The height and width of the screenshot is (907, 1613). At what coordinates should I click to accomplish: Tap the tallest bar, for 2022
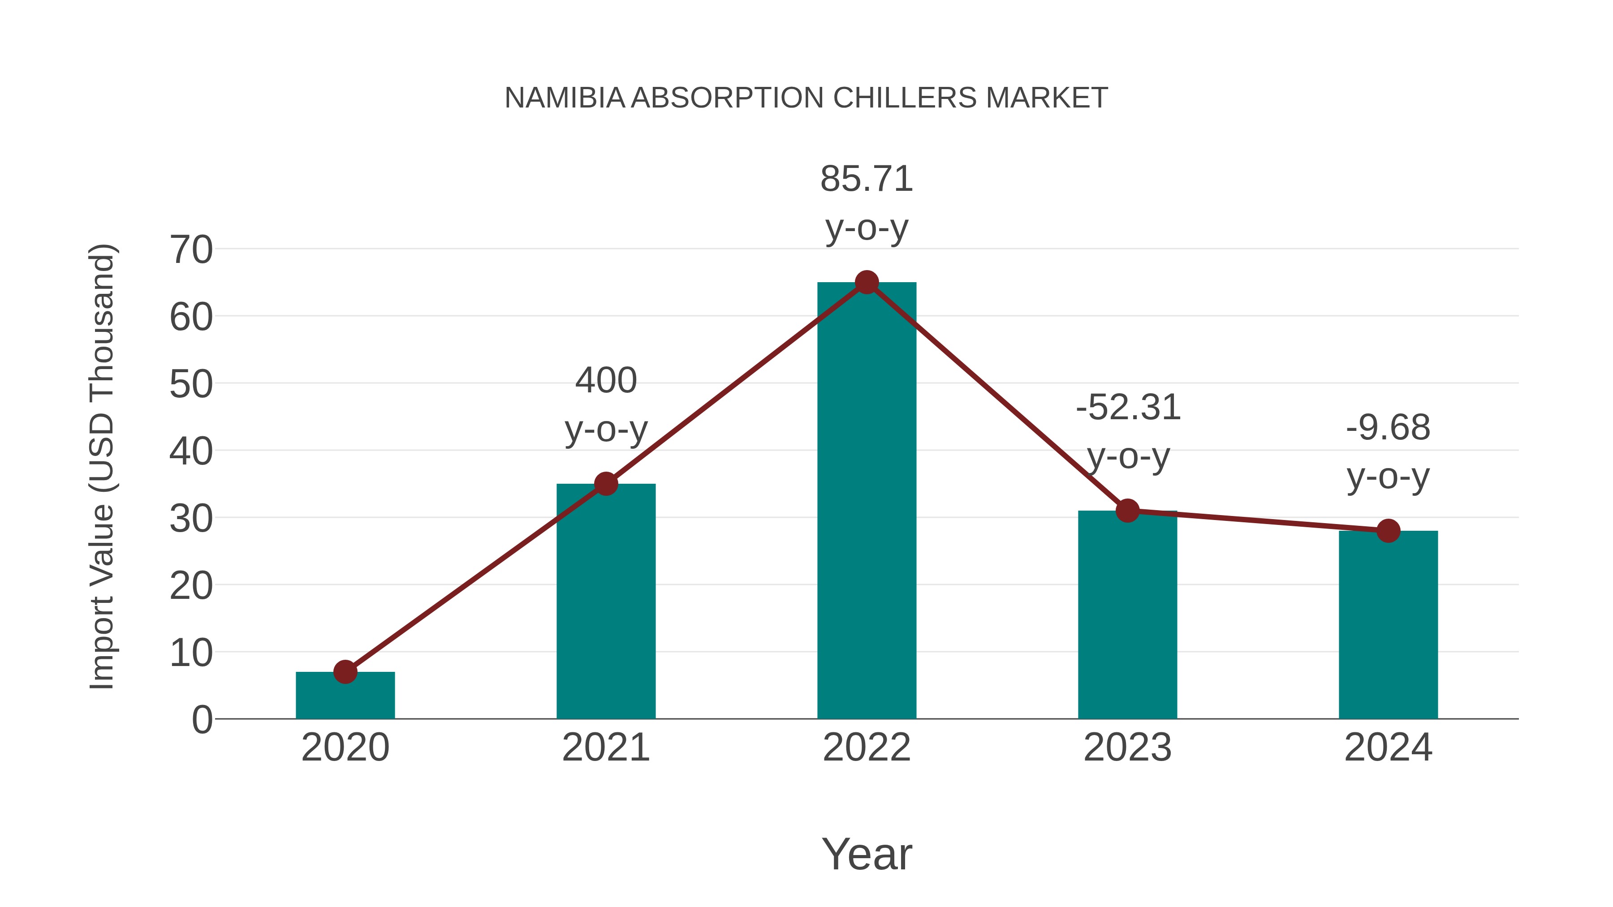[867, 501]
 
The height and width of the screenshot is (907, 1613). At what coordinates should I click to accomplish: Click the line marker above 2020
[345, 672]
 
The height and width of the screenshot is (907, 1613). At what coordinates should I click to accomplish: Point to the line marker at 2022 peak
[867, 282]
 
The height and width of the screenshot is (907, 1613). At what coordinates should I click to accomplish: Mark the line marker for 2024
[1388, 531]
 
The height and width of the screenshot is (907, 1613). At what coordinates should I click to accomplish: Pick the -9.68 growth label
[1388, 451]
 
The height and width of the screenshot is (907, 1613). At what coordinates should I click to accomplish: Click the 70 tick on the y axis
[191, 250]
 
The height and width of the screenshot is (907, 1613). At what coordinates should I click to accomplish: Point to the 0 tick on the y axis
[202, 719]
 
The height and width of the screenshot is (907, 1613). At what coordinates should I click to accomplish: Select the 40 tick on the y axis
[191, 451]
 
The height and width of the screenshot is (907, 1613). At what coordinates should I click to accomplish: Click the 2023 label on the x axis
[1127, 748]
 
